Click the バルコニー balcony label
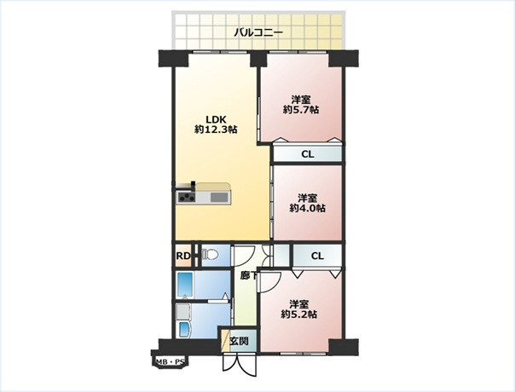(x=258, y=33)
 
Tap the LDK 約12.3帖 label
(x=216, y=124)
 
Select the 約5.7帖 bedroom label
(x=301, y=105)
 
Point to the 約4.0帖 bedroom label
(x=308, y=203)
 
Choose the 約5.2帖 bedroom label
(x=299, y=309)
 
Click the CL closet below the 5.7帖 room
(x=308, y=154)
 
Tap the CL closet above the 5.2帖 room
(x=317, y=256)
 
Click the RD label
(x=183, y=256)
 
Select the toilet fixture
(x=210, y=255)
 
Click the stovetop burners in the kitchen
(x=186, y=198)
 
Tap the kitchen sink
(x=219, y=197)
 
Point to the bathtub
(x=184, y=285)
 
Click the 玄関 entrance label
(x=239, y=342)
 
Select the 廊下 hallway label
(x=249, y=275)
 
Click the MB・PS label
(x=170, y=362)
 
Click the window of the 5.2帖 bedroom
(x=304, y=354)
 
